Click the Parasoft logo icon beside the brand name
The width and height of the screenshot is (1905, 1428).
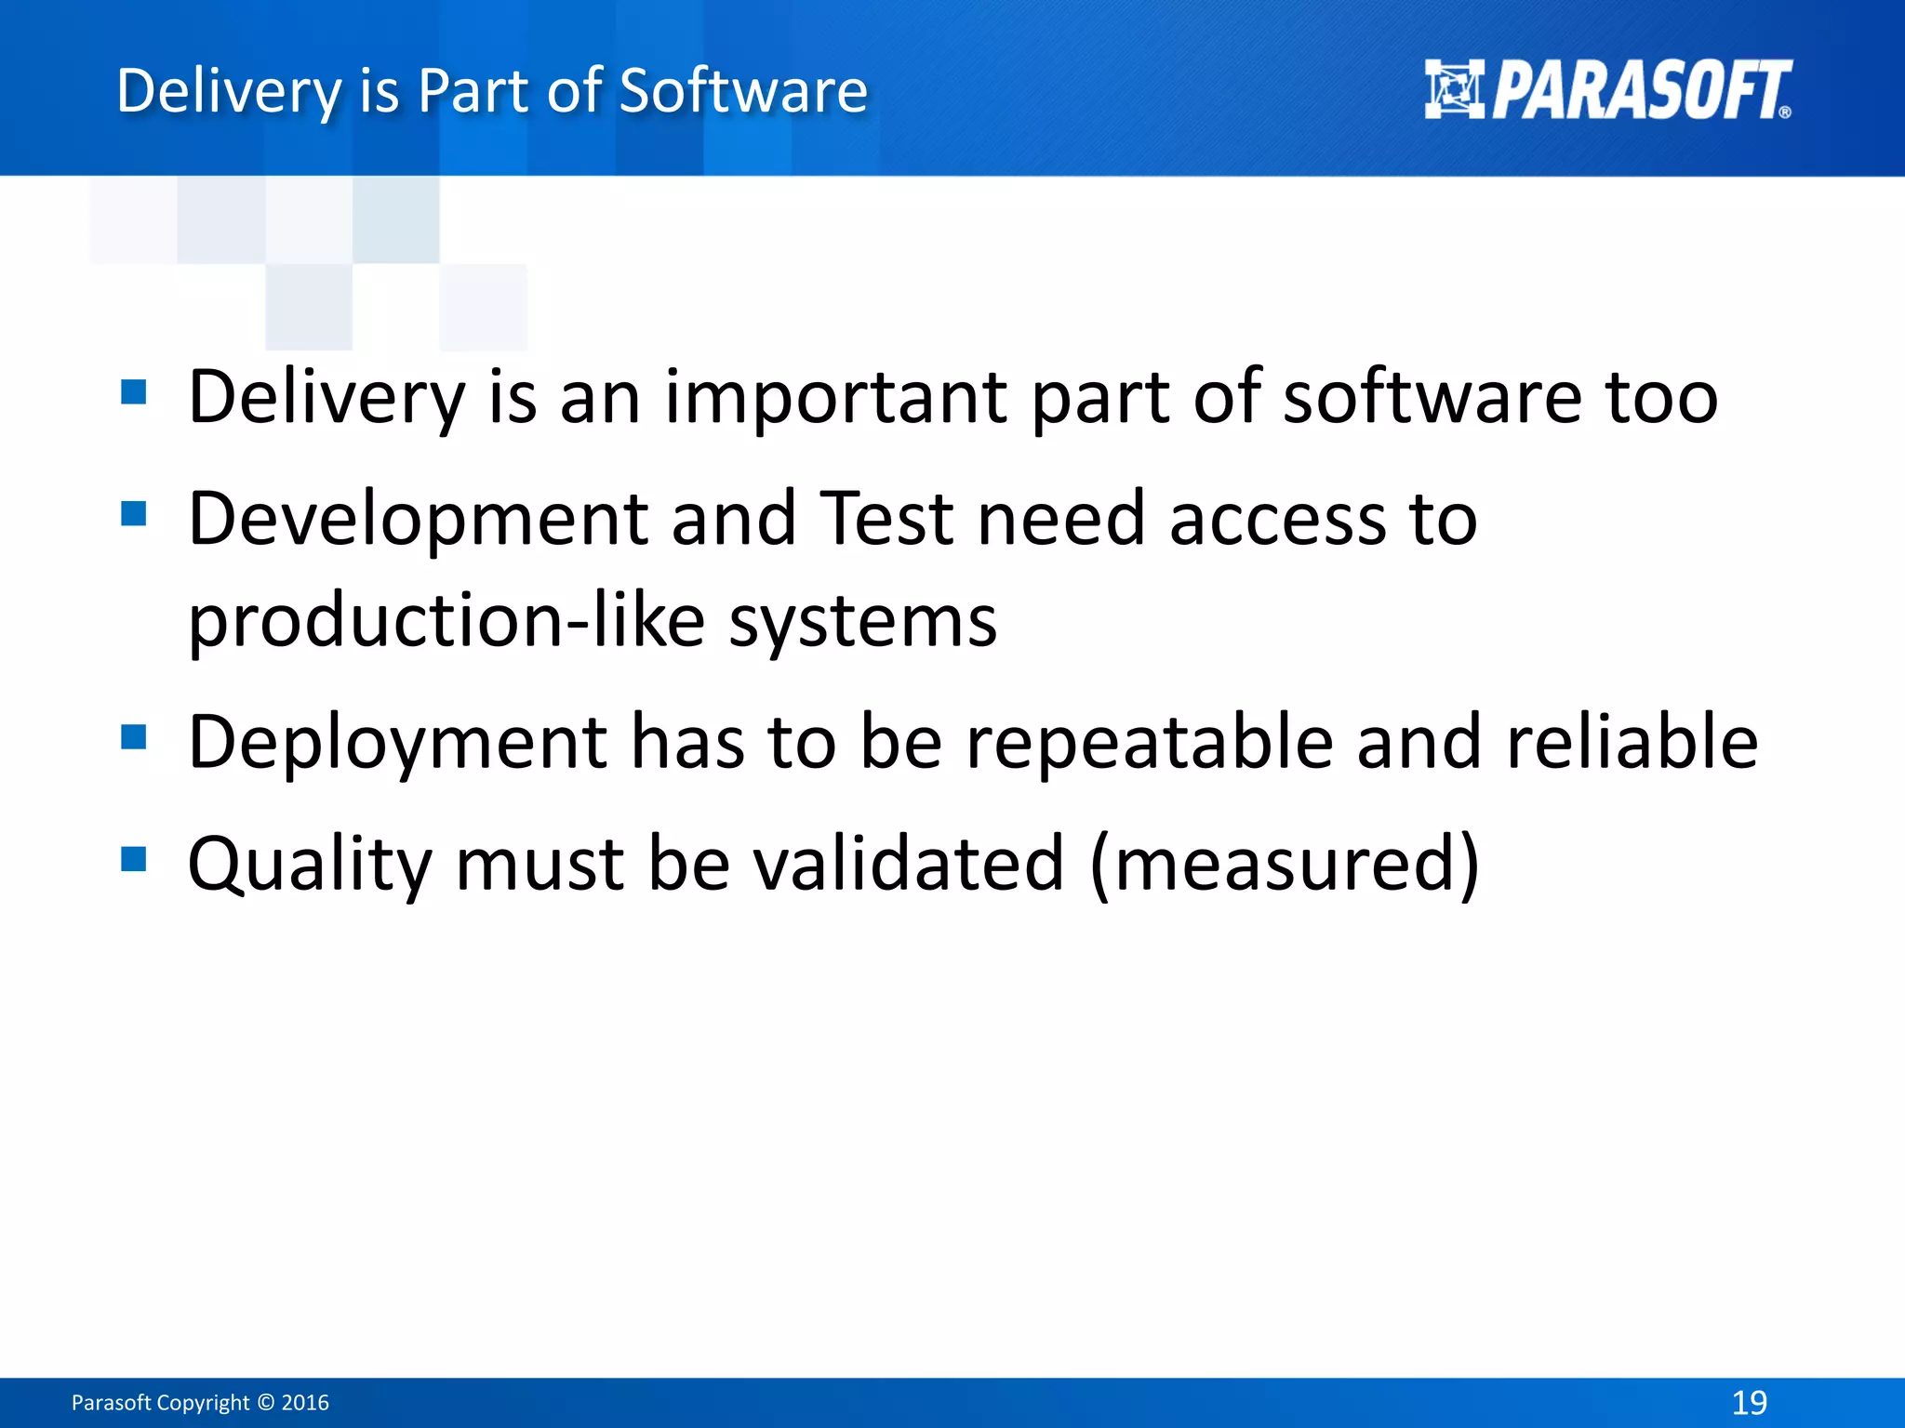pyautogui.click(x=1454, y=89)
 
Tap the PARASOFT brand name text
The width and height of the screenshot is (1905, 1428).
pyautogui.click(x=1642, y=90)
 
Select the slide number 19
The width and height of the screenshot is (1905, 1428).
pyautogui.click(x=1749, y=1402)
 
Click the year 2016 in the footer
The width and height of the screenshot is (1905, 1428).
pyautogui.click(x=305, y=1403)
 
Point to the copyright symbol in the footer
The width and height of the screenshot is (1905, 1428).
pyautogui.click(x=266, y=1403)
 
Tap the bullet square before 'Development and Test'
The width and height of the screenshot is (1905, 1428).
pyautogui.click(x=134, y=513)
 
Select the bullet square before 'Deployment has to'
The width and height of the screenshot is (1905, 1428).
pyautogui.click(x=134, y=737)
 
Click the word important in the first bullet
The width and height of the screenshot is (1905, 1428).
pyautogui.click(x=835, y=397)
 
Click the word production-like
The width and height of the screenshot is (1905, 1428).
pyautogui.click(x=446, y=621)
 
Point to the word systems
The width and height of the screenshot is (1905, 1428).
pyautogui.click(x=862, y=621)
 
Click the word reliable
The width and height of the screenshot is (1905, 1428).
pyautogui.click(x=1632, y=742)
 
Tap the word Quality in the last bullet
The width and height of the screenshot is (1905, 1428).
pyautogui.click(x=310, y=864)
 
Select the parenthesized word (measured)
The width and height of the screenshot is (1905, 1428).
pyautogui.click(x=1284, y=864)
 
